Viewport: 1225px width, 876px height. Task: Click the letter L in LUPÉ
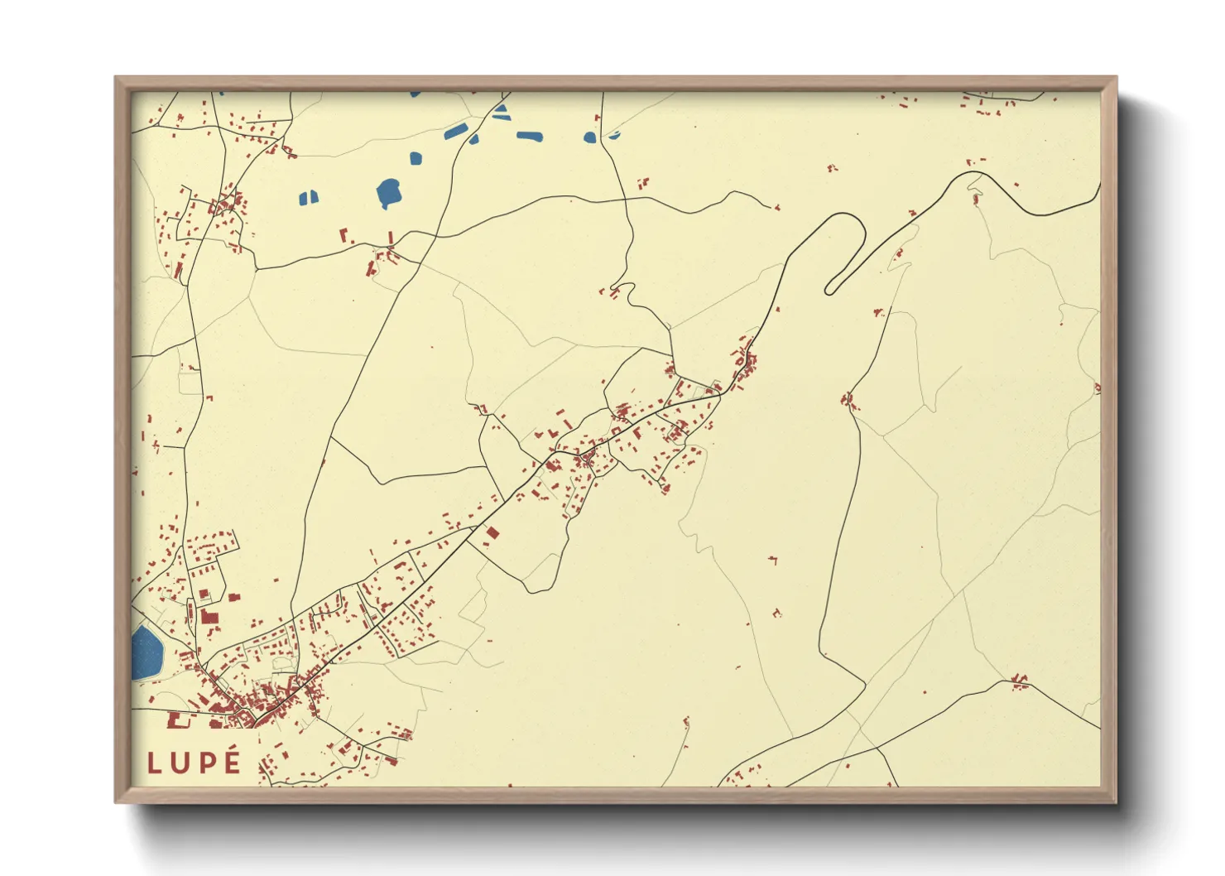coord(154,763)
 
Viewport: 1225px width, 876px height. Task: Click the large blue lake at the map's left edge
coord(147,652)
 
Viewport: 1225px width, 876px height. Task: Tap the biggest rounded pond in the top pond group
coord(388,193)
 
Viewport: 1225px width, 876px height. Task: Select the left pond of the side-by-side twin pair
coord(303,198)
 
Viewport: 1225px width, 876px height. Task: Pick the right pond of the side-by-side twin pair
coord(314,197)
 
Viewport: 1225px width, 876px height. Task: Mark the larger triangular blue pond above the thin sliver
coord(502,107)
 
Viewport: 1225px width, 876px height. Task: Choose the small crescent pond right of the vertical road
coord(613,134)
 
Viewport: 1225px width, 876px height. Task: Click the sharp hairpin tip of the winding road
coord(830,289)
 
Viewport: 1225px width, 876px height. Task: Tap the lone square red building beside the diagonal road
coord(492,533)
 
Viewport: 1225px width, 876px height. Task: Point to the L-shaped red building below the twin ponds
coord(343,234)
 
